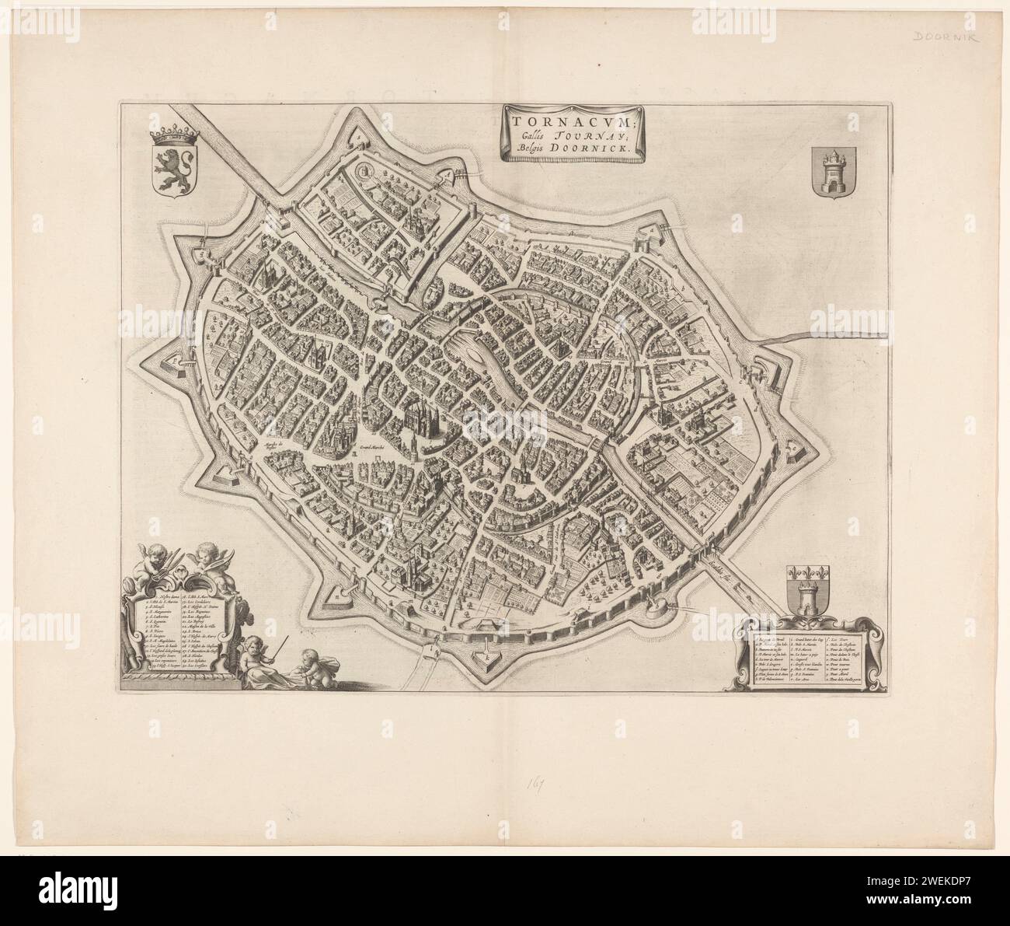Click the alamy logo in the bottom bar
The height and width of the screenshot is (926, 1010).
tap(59, 889)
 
